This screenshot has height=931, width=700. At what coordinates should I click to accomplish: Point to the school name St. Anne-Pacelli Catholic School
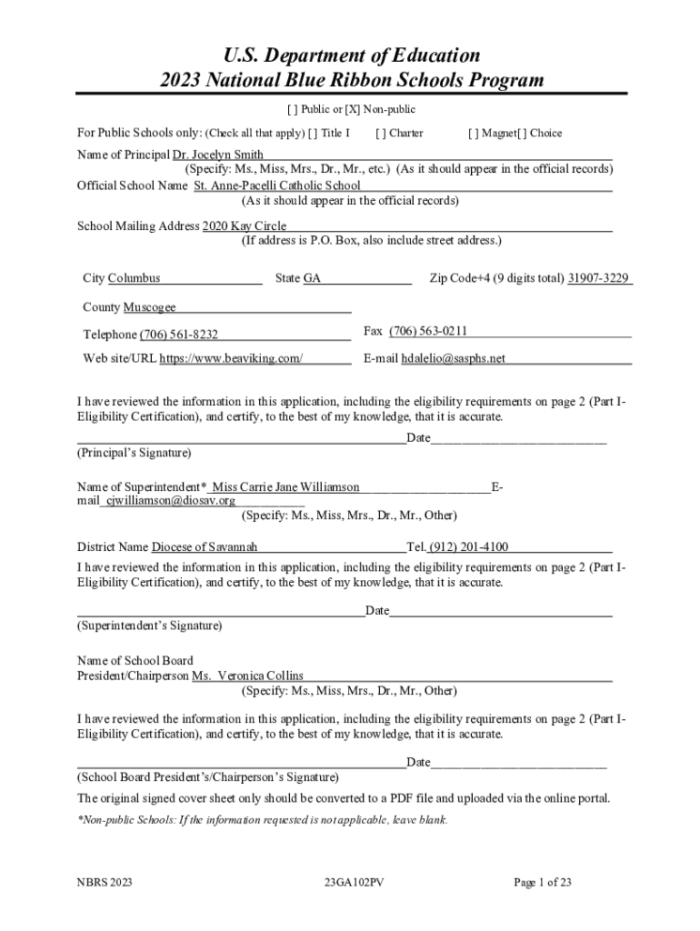pos(270,185)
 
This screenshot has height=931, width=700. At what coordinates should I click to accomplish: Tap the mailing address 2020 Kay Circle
pos(244,225)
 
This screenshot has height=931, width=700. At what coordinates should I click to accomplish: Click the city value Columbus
pos(135,278)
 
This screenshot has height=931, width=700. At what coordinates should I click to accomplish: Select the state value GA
pos(312,278)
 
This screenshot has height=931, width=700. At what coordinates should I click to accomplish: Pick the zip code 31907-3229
pos(598,278)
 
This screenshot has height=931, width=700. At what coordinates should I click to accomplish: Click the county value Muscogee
pos(149,307)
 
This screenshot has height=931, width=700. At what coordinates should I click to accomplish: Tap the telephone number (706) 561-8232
pos(178,335)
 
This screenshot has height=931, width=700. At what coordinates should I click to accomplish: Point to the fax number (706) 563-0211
pos(428,331)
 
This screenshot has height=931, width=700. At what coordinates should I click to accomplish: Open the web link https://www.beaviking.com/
pos(232,358)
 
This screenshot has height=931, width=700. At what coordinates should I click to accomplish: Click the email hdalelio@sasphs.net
pos(453,358)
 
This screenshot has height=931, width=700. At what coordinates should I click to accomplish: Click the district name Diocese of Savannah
pos(205,546)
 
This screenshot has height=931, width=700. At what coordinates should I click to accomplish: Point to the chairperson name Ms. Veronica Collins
pos(247,676)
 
